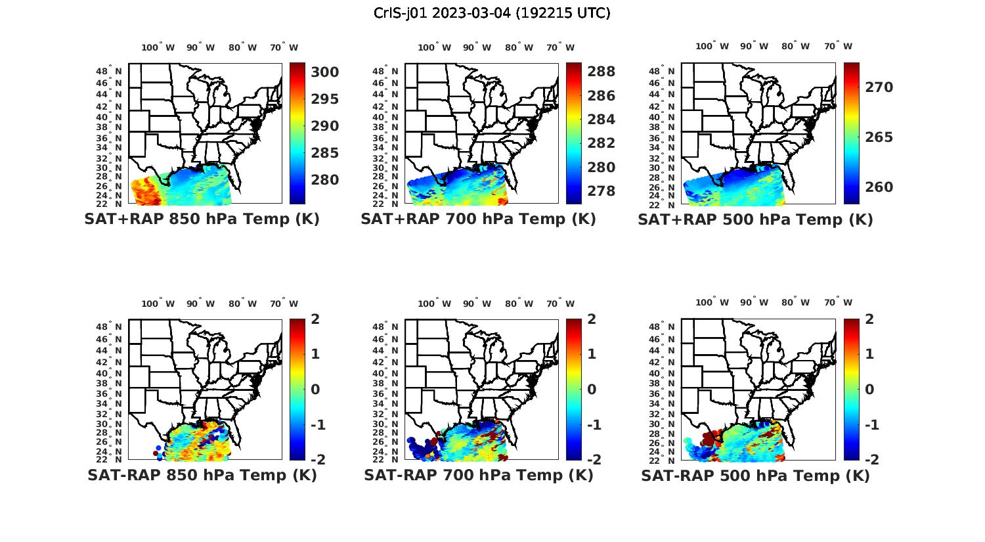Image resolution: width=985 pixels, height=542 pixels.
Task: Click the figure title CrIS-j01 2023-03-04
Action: [x=492, y=13]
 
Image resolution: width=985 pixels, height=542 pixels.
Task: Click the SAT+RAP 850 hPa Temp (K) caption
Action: [x=202, y=219]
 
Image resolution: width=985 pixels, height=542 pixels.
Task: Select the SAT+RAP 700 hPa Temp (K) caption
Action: [x=478, y=219]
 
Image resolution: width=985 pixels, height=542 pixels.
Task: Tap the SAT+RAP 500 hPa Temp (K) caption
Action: [x=755, y=219]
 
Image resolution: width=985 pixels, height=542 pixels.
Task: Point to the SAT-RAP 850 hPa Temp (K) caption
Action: [x=202, y=475]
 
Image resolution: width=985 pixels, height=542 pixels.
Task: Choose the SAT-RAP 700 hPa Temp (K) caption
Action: [x=479, y=475]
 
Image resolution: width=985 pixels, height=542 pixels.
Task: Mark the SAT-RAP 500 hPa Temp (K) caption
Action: [x=755, y=476]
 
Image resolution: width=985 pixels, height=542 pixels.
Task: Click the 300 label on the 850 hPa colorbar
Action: [x=325, y=72]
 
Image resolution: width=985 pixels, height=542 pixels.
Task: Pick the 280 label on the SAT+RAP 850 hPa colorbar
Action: [x=325, y=180]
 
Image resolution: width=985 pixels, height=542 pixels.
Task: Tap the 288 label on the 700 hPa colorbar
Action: [x=602, y=72]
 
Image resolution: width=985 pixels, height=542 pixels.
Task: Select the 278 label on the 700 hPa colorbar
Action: [x=602, y=191]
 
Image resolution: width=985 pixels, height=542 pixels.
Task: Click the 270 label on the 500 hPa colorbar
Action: [x=879, y=87]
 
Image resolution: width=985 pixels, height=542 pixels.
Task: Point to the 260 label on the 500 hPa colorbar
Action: [x=879, y=187]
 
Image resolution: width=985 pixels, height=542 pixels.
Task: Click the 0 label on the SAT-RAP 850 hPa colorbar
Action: [x=316, y=389]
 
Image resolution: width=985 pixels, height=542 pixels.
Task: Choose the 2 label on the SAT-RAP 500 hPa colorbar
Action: [x=870, y=319]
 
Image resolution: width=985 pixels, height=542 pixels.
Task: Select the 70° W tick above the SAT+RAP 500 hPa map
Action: [x=838, y=46]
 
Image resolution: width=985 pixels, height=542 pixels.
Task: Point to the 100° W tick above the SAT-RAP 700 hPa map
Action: [x=434, y=304]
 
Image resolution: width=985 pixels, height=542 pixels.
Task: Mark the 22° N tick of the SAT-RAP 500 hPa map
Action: [x=662, y=459]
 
